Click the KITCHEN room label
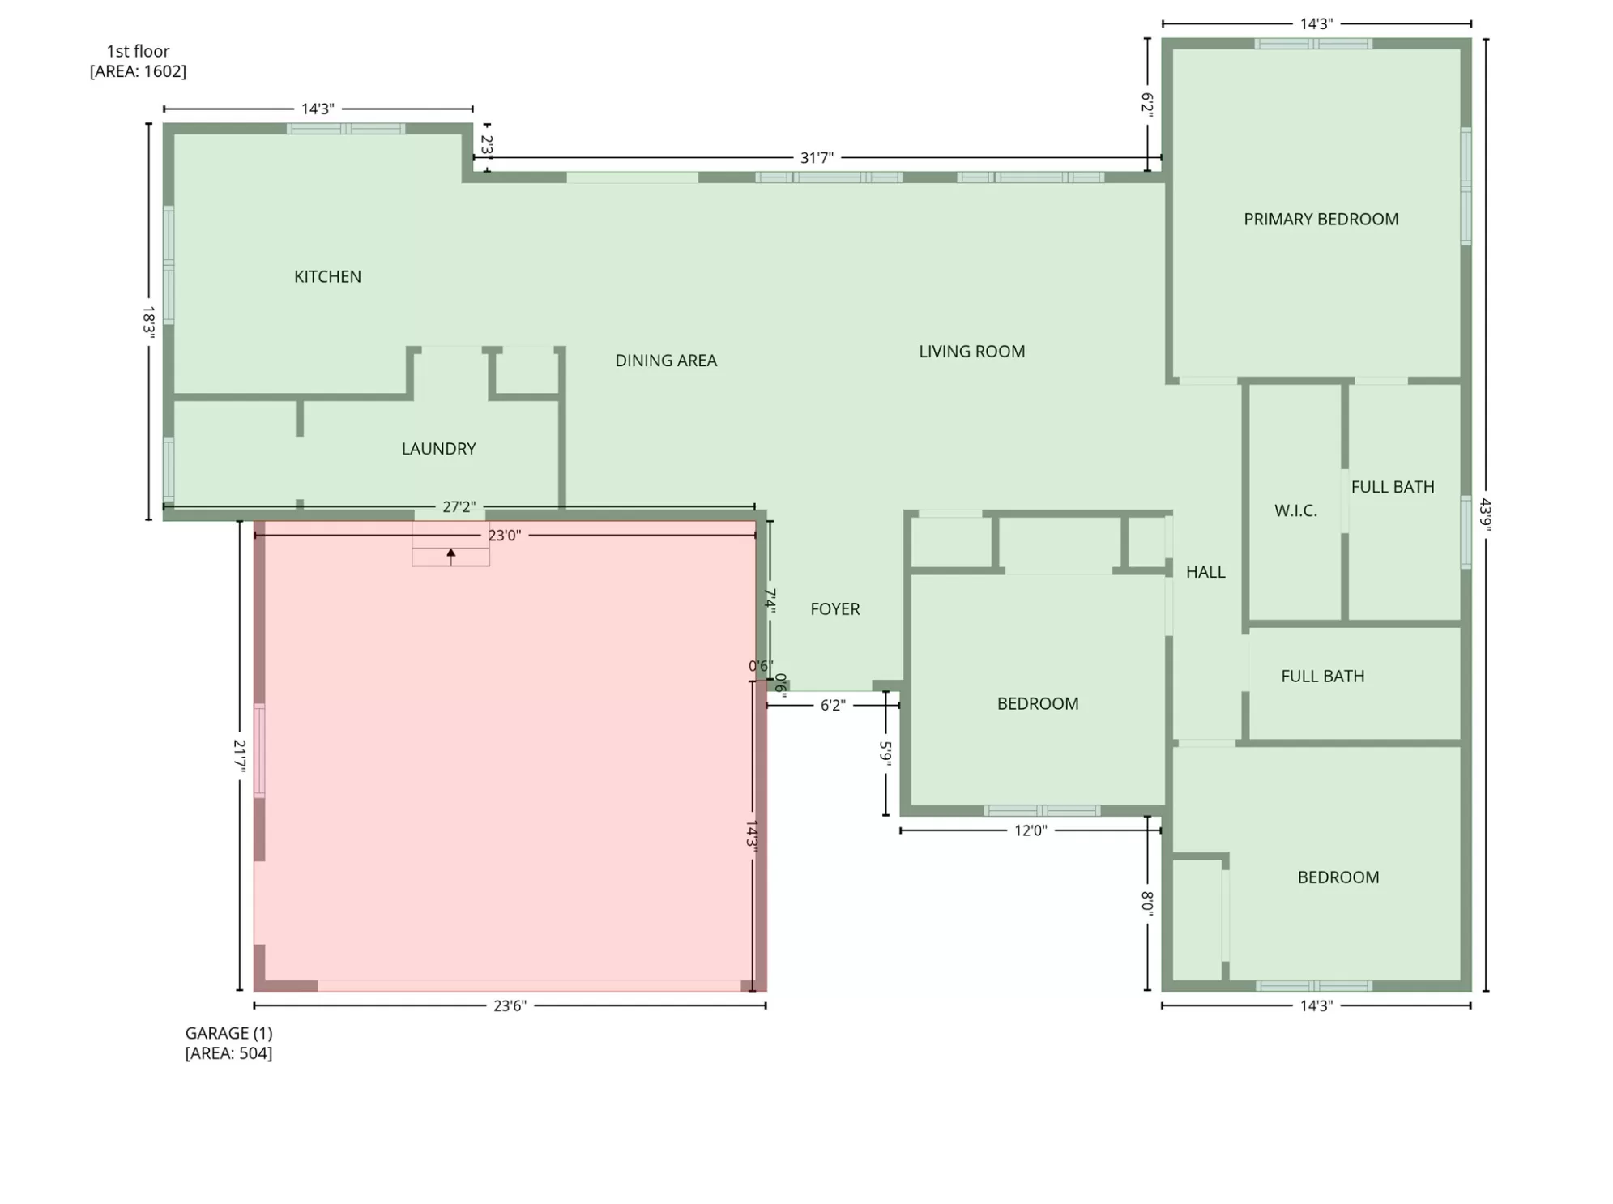327,277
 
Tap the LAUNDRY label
438,449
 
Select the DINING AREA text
666,361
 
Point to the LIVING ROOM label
971,352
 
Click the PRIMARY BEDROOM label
1321,220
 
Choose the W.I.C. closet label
1295,511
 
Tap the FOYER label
834,609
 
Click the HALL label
1205,573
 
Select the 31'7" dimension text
817,158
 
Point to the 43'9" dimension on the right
1485,514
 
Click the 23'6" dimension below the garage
510,1006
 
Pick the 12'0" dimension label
1031,830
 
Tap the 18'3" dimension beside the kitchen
148,321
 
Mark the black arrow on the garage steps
451,557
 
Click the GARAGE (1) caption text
228,1034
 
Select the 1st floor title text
138,52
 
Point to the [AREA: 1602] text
138,71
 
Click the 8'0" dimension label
1147,901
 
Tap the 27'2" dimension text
459,507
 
